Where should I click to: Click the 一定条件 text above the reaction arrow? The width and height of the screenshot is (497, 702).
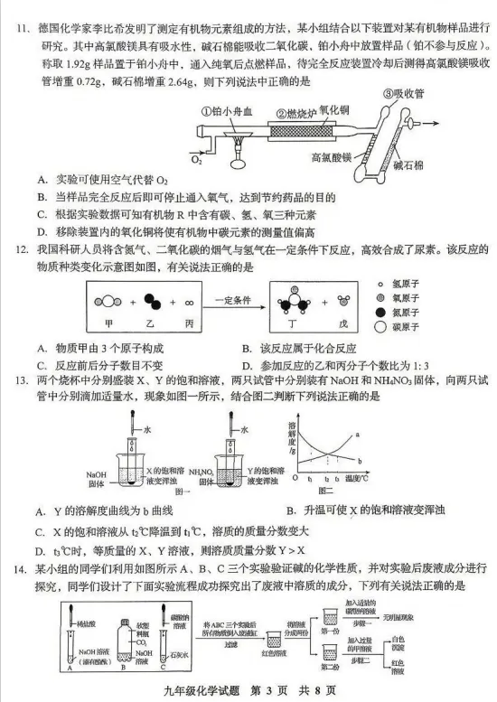pos(231,289)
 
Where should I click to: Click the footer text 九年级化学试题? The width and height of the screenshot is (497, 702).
pos(204,690)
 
